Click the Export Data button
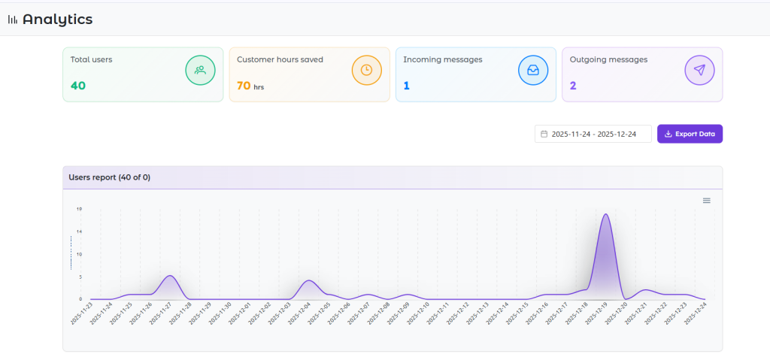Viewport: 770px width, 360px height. [690, 134]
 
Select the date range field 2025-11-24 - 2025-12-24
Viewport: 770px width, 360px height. [593, 134]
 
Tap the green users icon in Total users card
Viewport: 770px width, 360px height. [200, 70]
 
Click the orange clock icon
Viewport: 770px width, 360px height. [366, 70]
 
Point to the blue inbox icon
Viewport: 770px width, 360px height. [533, 70]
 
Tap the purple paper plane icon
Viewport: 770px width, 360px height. [699, 70]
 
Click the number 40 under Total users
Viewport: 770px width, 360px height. [78, 86]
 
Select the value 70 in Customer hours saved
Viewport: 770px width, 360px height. [244, 86]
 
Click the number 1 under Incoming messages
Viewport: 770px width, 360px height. [406, 86]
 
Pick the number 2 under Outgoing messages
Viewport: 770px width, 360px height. [573, 86]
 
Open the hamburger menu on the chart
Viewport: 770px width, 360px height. [706, 201]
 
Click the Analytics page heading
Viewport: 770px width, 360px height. [57, 20]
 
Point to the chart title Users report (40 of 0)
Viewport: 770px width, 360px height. [110, 177]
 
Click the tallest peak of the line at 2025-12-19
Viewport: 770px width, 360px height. [605, 215]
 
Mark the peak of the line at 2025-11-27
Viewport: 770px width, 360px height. [171, 276]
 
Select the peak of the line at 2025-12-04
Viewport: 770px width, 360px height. [308, 281]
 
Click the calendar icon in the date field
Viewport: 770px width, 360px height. [544, 134]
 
